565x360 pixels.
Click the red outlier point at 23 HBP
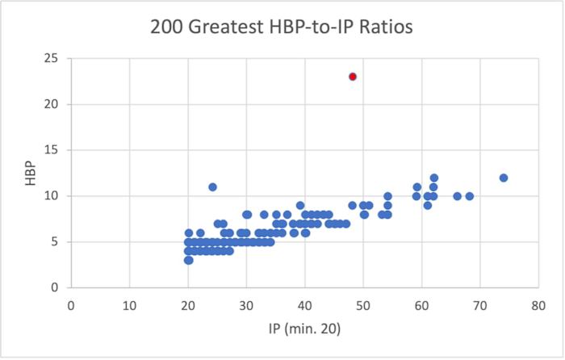click(353, 77)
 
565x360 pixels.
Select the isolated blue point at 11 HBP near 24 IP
click(212, 186)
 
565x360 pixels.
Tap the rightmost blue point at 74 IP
click(504, 178)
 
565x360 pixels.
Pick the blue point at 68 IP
click(469, 196)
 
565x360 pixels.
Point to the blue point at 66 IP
click(457, 196)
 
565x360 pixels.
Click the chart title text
click(282, 27)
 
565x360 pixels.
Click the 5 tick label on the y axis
click(54, 241)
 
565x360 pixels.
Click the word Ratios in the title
click(384, 27)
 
